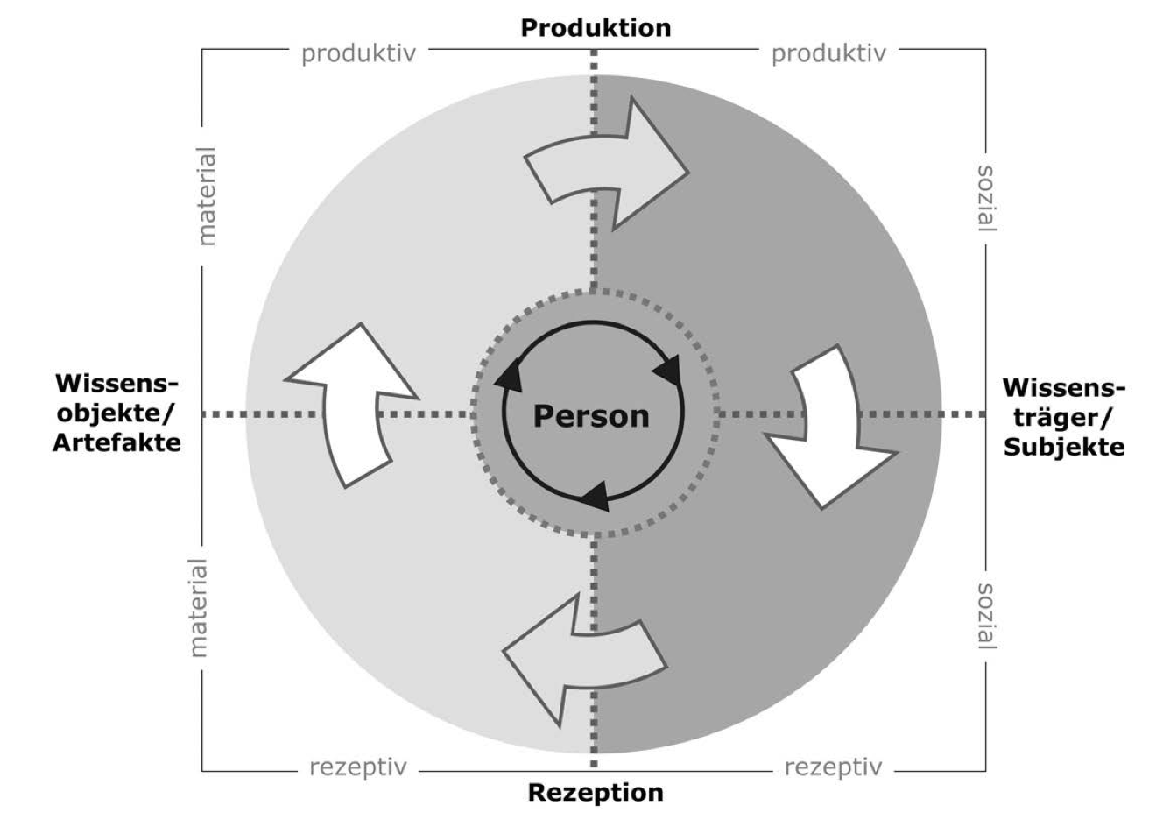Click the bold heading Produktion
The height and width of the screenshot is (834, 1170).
(x=596, y=28)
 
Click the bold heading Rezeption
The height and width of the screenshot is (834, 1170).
(x=596, y=794)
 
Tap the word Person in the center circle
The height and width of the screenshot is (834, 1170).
(x=591, y=415)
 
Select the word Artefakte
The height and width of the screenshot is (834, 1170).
(x=116, y=442)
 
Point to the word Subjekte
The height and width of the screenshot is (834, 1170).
(x=1063, y=447)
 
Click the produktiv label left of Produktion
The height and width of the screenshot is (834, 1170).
(x=358, y=54)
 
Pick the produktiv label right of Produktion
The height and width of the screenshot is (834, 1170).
(x=828, y=54)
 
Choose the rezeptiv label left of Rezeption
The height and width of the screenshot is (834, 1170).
(x=358, y=767)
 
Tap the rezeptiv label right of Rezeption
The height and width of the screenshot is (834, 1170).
(x=833, y=767)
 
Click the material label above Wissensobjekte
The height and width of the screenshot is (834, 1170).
(x=207, y=195)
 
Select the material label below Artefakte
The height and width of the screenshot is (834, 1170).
(x=200, y=608)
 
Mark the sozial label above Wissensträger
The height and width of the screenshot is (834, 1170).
(x=985, y=197)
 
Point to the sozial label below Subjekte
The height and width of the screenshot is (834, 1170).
(x=985, y=616)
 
